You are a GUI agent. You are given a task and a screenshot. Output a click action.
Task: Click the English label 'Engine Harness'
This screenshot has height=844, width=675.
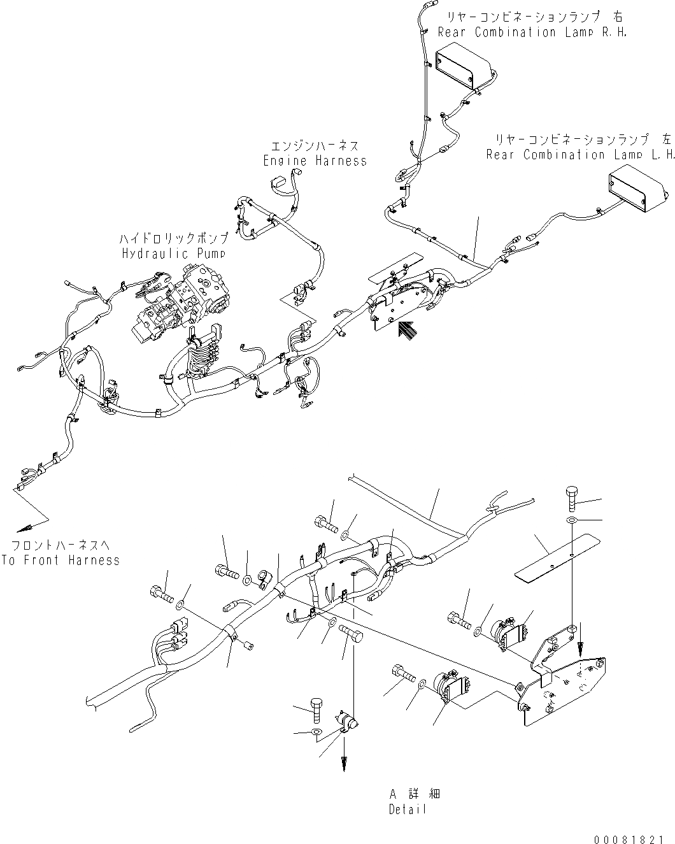point(315,161)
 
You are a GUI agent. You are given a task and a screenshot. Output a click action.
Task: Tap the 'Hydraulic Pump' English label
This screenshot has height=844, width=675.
point(174,253)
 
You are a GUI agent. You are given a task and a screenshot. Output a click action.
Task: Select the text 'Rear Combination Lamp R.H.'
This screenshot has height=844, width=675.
point(532,32)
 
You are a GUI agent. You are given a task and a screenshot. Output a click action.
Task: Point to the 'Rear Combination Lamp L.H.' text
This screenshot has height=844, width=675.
point(579,155)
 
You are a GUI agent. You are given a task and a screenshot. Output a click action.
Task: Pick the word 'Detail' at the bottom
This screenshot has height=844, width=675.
point(407,810)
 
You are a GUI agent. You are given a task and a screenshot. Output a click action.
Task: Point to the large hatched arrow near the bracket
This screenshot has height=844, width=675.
point(405,331)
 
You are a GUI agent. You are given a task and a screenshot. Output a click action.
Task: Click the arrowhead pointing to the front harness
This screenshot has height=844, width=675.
point(27,527)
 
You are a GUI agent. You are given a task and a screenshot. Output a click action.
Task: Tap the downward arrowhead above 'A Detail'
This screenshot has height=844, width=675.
point(344,763)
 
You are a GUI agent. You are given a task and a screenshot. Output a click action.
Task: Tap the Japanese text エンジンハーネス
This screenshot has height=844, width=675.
point(315,146)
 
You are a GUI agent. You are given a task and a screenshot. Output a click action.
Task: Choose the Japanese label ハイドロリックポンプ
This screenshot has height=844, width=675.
point(174,239)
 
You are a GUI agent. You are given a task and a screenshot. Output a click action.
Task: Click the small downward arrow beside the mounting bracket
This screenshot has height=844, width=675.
point(580,648)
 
